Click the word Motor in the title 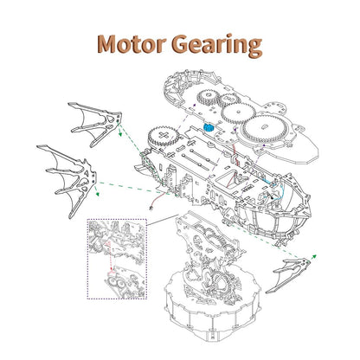(132, 44)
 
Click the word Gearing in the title (217, 46)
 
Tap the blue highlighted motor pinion (209, 127)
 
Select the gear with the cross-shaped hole (163, 137)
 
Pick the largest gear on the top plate (265, 129)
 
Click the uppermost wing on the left (95, 125)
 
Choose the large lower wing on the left (68, 180)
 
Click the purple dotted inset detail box (117, 259)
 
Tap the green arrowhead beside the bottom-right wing (314, 256)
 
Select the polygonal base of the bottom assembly (213, 309)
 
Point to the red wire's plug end (150, 207)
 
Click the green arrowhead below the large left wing (98, 194)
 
